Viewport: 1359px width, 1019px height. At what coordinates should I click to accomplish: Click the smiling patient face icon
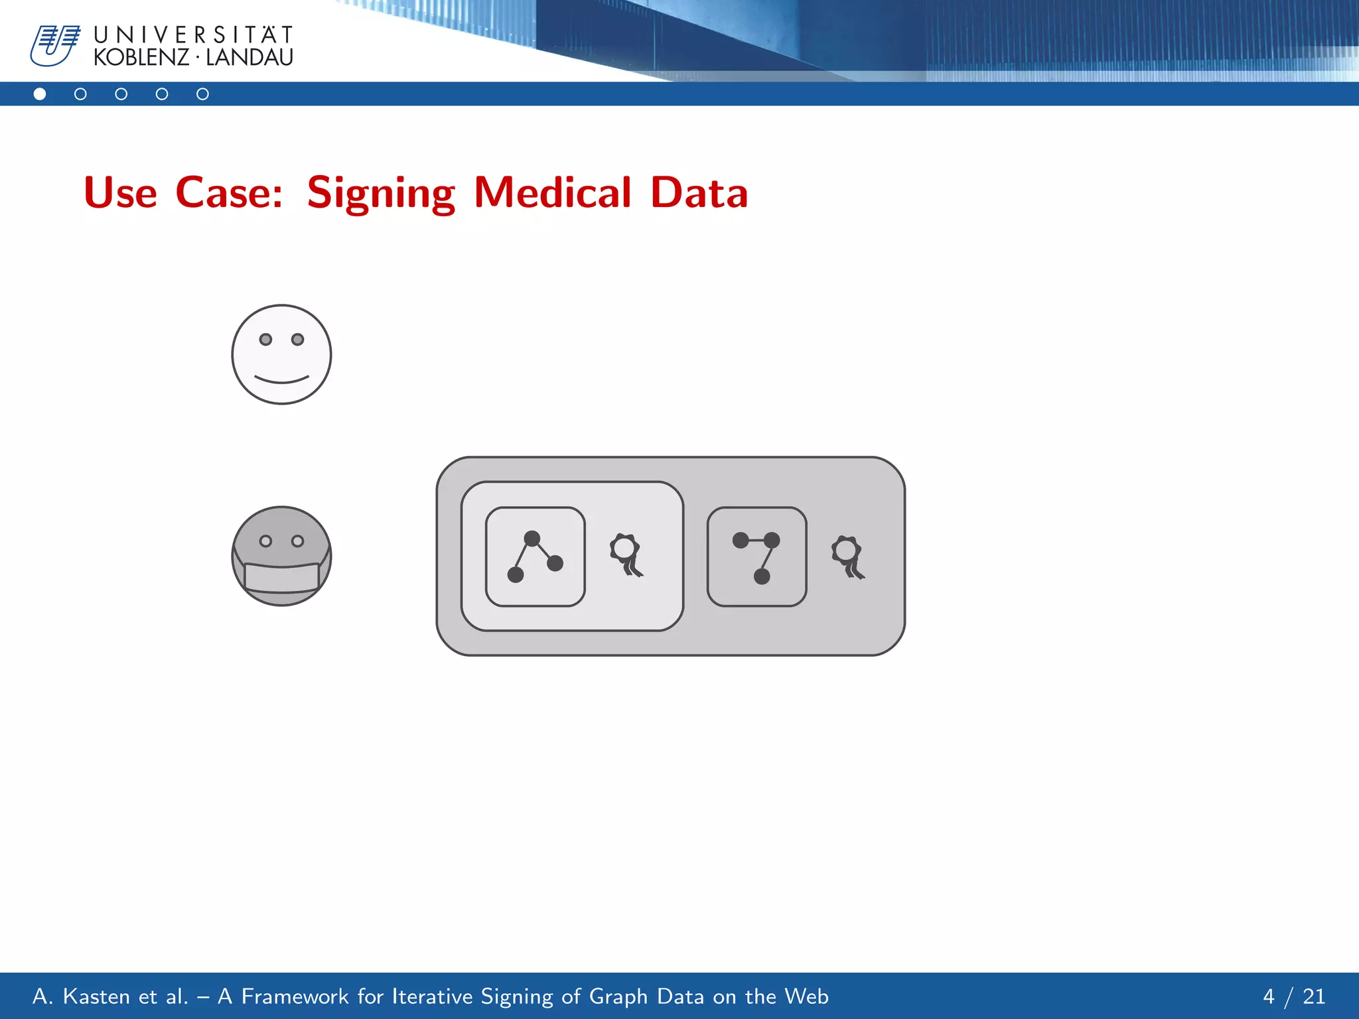point(281,354)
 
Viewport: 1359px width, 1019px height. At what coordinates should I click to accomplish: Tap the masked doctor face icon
point(281,556)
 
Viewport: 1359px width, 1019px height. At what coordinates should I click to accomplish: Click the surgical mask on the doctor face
point(281,577)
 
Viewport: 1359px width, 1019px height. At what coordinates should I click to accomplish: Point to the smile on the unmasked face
point(281,380)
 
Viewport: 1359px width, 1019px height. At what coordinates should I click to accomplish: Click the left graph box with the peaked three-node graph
point(535,557)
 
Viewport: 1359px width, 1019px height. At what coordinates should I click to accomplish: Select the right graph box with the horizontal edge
point(756,557)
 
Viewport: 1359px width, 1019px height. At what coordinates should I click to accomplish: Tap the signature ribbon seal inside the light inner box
point(626,555)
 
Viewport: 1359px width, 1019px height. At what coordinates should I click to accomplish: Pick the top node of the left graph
point(532,538)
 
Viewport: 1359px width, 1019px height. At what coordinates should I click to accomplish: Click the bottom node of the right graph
point(762,576)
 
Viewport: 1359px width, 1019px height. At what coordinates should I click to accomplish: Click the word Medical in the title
point(552,193)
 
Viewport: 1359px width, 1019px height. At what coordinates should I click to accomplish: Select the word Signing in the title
point(381,193)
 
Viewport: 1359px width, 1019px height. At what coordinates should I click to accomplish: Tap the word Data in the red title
point(699,193)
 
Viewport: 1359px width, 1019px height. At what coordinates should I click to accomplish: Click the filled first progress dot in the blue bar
point(40,94)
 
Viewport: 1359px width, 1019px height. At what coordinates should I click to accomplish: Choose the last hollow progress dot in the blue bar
point(202,94)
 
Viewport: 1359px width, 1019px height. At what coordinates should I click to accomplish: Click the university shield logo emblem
point(55,46)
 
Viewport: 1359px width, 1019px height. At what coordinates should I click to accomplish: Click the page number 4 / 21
point(1293,996)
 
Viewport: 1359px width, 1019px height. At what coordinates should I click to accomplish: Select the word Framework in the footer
point(295,996)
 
